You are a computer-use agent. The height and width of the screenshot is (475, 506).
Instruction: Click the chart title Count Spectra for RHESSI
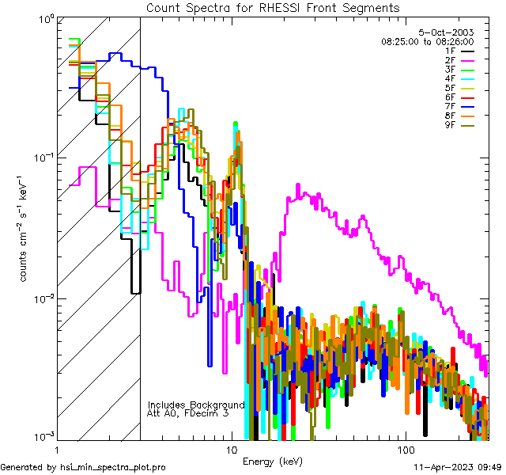[x=273, y=7]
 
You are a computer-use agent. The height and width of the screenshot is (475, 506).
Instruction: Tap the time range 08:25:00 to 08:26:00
[x=427, y=41]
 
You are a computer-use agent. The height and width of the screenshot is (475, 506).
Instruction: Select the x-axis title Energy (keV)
[x=272, y=461]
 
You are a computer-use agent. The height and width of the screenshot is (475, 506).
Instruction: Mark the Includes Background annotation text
[x=196, y=405]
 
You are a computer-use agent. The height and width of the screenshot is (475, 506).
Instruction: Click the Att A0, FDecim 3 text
[x=188, y=413]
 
